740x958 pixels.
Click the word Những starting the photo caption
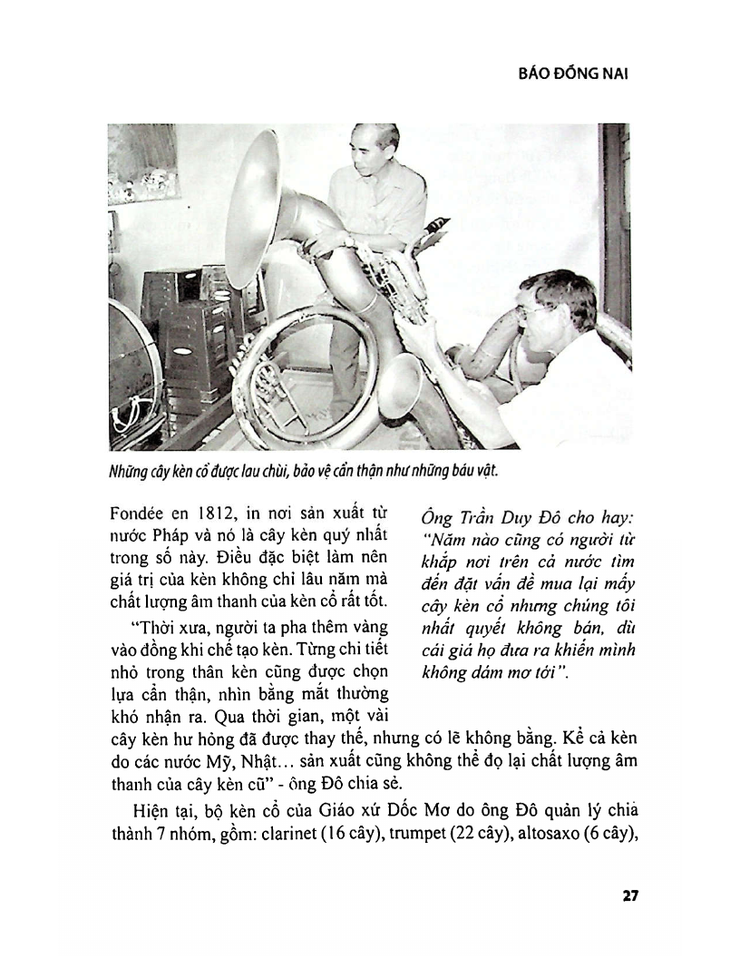click(131, 473)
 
